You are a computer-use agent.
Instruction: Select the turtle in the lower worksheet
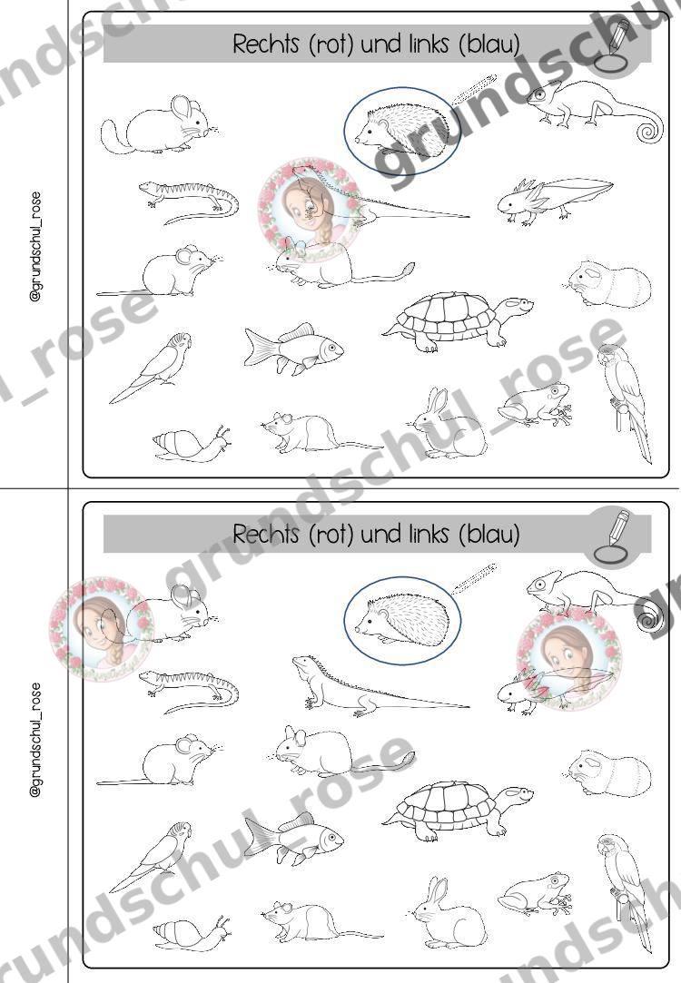click(x=458, y=810)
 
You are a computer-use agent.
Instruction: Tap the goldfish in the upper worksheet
click(x=293, y=349)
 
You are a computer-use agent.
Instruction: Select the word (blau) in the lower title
click(x=489, y=534)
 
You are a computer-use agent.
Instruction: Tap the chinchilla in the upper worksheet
click(x=161, y=125)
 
